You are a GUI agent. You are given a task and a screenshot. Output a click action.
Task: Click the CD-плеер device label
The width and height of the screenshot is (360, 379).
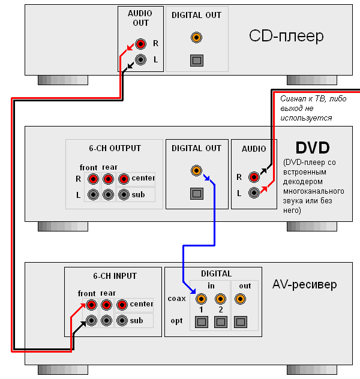click(286, 36)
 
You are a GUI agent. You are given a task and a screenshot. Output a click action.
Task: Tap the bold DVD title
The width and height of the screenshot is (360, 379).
click(313, 148)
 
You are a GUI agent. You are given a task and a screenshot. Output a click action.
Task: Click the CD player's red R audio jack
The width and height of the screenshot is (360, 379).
click(140, 44)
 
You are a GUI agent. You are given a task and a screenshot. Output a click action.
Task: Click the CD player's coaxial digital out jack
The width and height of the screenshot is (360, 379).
click(196, 38)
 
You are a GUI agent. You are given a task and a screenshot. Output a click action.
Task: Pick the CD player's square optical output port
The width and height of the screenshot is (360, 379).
click(196, 60)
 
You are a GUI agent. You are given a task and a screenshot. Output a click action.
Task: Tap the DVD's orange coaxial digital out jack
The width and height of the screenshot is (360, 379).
click(196, 171)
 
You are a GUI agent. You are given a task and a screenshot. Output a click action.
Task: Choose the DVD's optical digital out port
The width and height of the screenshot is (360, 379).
click(196, 194)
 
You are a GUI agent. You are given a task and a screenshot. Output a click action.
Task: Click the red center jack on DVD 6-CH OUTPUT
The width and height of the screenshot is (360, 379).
click(124, 179)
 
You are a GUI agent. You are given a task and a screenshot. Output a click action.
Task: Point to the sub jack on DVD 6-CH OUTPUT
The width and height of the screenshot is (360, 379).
click(124, 194)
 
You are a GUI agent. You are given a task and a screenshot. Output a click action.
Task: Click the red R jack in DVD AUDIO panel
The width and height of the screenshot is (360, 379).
click(254, 177)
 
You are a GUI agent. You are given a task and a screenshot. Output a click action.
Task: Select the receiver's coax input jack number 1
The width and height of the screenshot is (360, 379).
click(201, 298)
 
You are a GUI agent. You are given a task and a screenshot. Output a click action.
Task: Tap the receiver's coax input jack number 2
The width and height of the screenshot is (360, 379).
click(221, 298)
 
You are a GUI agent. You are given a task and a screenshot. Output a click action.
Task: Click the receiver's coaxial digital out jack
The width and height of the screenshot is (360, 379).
click(241, 298)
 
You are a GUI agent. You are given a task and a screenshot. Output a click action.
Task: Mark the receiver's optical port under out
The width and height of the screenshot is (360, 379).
click(241, 321)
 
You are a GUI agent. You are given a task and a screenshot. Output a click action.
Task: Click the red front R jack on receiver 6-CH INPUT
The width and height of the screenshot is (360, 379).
click(91, 305)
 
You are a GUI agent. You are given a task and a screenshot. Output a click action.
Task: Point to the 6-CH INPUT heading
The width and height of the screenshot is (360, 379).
click(115, 276)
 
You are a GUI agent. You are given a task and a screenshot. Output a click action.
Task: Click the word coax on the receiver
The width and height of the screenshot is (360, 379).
click(177, 299)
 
